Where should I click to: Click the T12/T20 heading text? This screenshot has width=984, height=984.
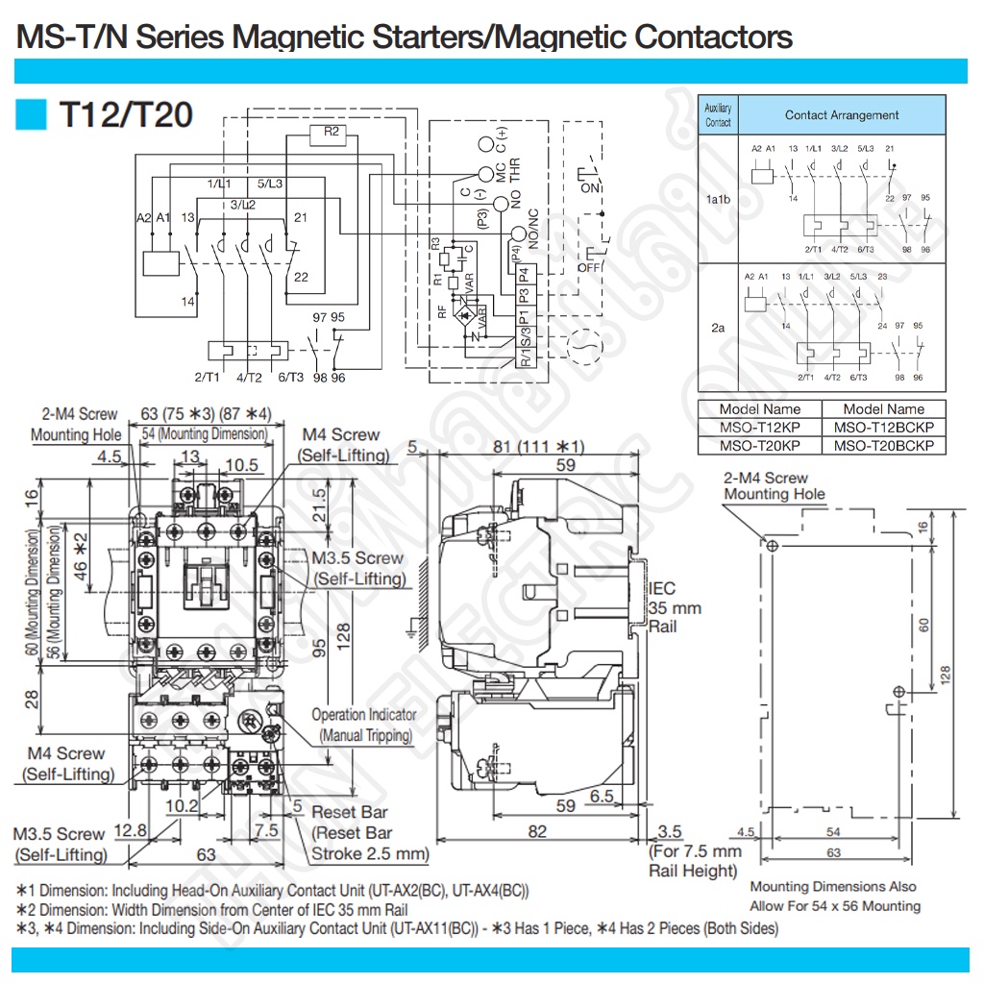(x=126, y=114)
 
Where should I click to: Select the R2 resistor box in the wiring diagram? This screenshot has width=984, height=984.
(x=331, y=132)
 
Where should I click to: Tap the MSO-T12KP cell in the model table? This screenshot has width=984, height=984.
(x=759, y=428)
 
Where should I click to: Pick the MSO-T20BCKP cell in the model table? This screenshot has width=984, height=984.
(x=883, y=445)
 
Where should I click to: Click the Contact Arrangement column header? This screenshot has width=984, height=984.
(x=841, y=115)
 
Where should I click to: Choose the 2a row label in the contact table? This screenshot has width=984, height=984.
(x=718, y=329)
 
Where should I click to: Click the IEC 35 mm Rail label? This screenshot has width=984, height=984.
(x=675, y=607)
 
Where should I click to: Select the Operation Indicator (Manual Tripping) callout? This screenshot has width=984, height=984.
(x=363, y=725)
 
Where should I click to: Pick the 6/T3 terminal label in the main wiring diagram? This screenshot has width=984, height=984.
(x=287, y=379)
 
